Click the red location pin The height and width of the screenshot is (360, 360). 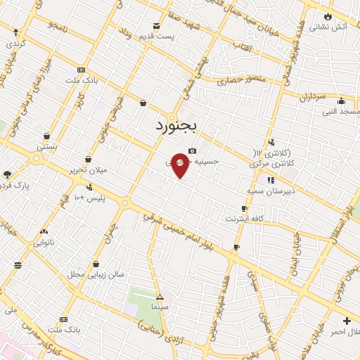pos(181,164)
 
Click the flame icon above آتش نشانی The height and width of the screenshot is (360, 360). pos(328,15)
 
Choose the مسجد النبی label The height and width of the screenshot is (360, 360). pos(341,111)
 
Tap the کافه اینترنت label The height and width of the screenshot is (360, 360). pos(244,219)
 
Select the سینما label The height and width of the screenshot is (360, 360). pos(160,307)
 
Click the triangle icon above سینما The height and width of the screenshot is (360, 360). pos(160,297)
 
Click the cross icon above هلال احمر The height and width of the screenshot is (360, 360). pos(347,321)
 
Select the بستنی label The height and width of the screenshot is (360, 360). pos(47,147)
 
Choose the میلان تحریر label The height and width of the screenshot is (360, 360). pos(87,170)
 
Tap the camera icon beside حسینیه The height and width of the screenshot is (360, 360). pos(192,150)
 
